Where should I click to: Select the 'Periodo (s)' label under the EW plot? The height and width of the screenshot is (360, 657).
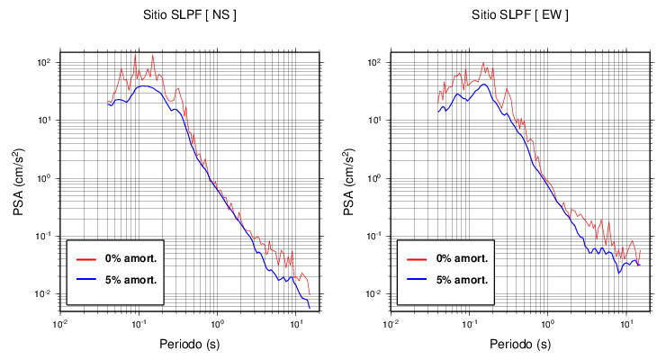(521, 344)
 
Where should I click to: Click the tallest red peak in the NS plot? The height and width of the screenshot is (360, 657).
(135, 54)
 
